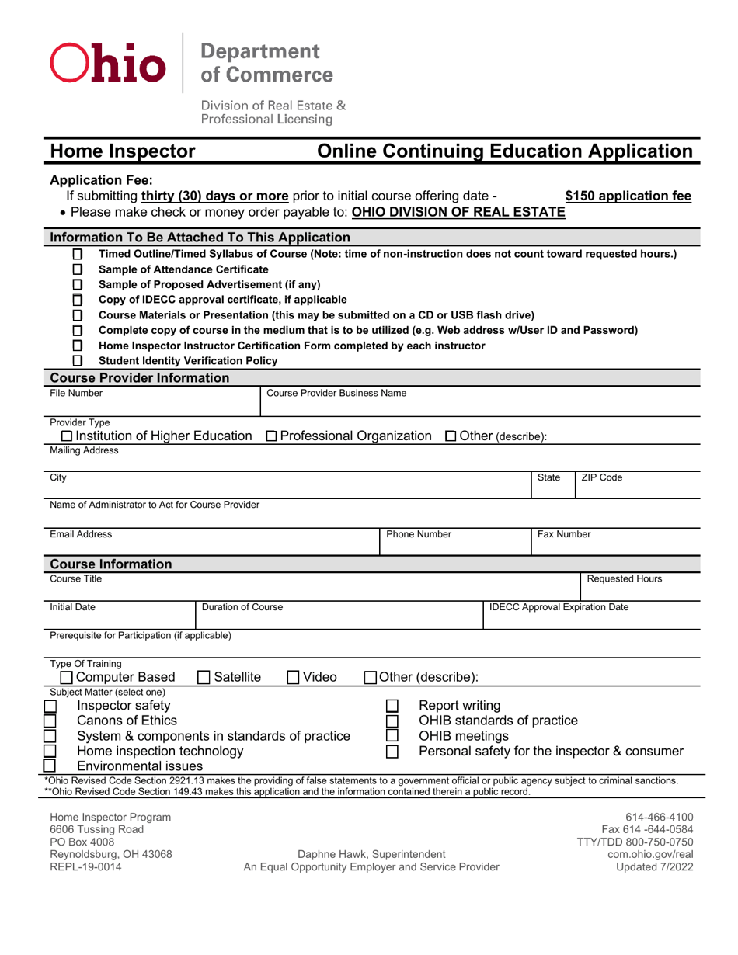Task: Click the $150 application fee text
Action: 628,196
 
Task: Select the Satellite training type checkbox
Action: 204,677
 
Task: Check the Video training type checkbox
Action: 294,677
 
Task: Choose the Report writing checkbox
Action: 392,706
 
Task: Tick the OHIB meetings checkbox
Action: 392,736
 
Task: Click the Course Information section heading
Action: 111,564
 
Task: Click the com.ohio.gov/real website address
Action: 653,854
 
